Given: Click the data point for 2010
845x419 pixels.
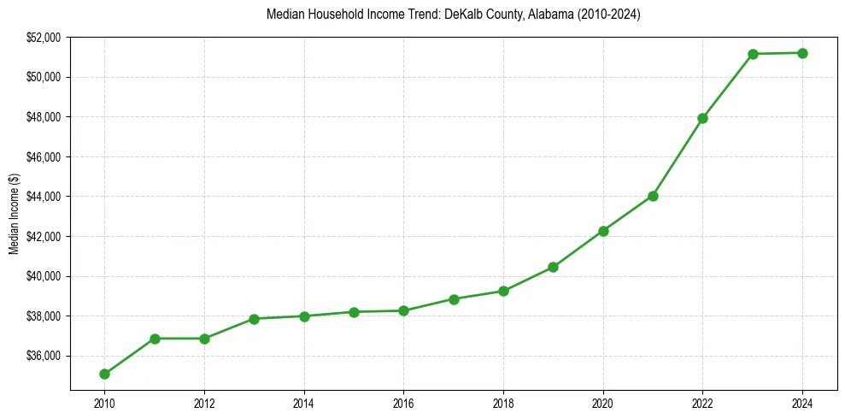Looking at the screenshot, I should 104,374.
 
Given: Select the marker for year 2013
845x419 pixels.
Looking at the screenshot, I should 254,319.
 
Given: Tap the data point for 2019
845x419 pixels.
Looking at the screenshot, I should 553,267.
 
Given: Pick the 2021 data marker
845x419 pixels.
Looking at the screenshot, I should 653,196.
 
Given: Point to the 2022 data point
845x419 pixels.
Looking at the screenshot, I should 702,118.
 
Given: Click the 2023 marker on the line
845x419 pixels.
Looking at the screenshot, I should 753,54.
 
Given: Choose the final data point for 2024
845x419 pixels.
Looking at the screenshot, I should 802,53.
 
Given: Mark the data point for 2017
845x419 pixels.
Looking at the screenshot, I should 454,299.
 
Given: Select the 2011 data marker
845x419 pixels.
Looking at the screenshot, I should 155,339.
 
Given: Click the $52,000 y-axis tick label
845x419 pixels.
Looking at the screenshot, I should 44,38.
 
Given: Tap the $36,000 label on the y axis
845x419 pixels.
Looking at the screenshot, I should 44,356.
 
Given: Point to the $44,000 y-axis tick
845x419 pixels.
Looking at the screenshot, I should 44,197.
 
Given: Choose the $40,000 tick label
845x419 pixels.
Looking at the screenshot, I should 44,276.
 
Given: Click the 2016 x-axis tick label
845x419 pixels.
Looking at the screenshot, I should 403,402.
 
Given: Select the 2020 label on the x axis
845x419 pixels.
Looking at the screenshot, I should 603,402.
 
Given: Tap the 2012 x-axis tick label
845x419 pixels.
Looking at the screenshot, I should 204,402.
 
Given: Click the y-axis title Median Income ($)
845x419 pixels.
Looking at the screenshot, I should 14,213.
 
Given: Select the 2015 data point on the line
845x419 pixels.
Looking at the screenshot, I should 354,312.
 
